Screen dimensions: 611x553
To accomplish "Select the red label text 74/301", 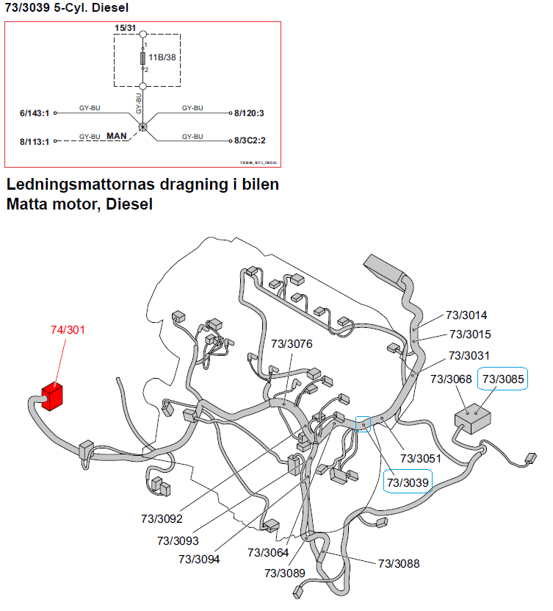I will coord(68,329).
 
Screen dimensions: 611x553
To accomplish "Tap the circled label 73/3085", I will coord(503,379).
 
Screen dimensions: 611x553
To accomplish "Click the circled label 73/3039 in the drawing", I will coord(408,482).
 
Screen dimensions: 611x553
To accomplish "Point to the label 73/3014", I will coord(466,315).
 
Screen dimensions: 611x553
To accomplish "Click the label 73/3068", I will coord(451,379).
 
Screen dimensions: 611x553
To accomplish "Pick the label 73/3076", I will coord(292,343).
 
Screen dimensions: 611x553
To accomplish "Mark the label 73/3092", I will coord(162,519).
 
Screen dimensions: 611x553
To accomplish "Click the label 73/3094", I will coord(198,559).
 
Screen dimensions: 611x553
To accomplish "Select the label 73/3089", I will coord(285,574).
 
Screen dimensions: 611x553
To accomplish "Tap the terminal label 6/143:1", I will coord(34,114).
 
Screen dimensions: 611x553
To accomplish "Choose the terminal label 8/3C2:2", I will coord(250,140).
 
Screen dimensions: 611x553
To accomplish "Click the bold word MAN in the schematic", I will coord(118,137).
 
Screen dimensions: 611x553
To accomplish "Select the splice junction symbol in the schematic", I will coord(143,126).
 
